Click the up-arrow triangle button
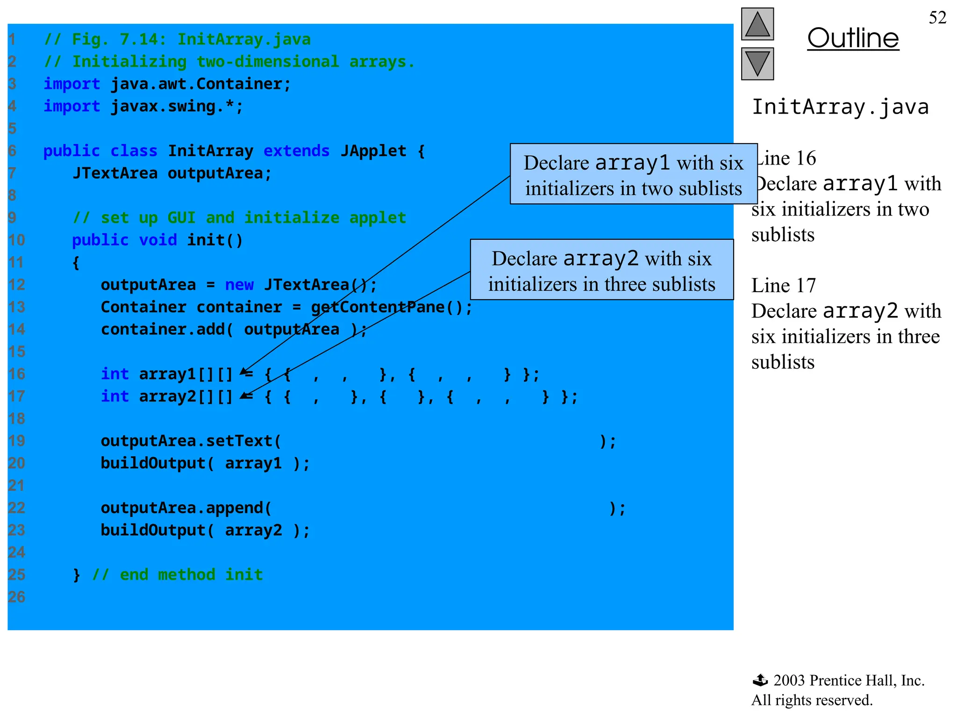tap(757, 24)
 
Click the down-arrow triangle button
tap(757, 64)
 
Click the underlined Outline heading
tap(853, 38)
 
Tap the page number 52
tap(937, 18)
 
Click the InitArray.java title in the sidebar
tap(840, 107)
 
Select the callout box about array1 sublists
tap(633, 174)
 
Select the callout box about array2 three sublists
tap(601, 270)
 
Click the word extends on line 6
tap(296, 151)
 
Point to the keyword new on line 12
tap(239, 285)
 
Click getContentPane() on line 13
tap(392, 307)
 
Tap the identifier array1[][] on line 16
tap(186, 374)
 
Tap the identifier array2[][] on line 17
tap(186, 396)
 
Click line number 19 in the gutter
tap(17, 441)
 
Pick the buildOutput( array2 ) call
tap(205, 530)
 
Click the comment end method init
tap(178, 574)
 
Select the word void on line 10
tap(158, 240)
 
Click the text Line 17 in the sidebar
tap(783, 285)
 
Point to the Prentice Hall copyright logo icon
tap(760, 680)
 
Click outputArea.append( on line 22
tap(186, 508)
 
